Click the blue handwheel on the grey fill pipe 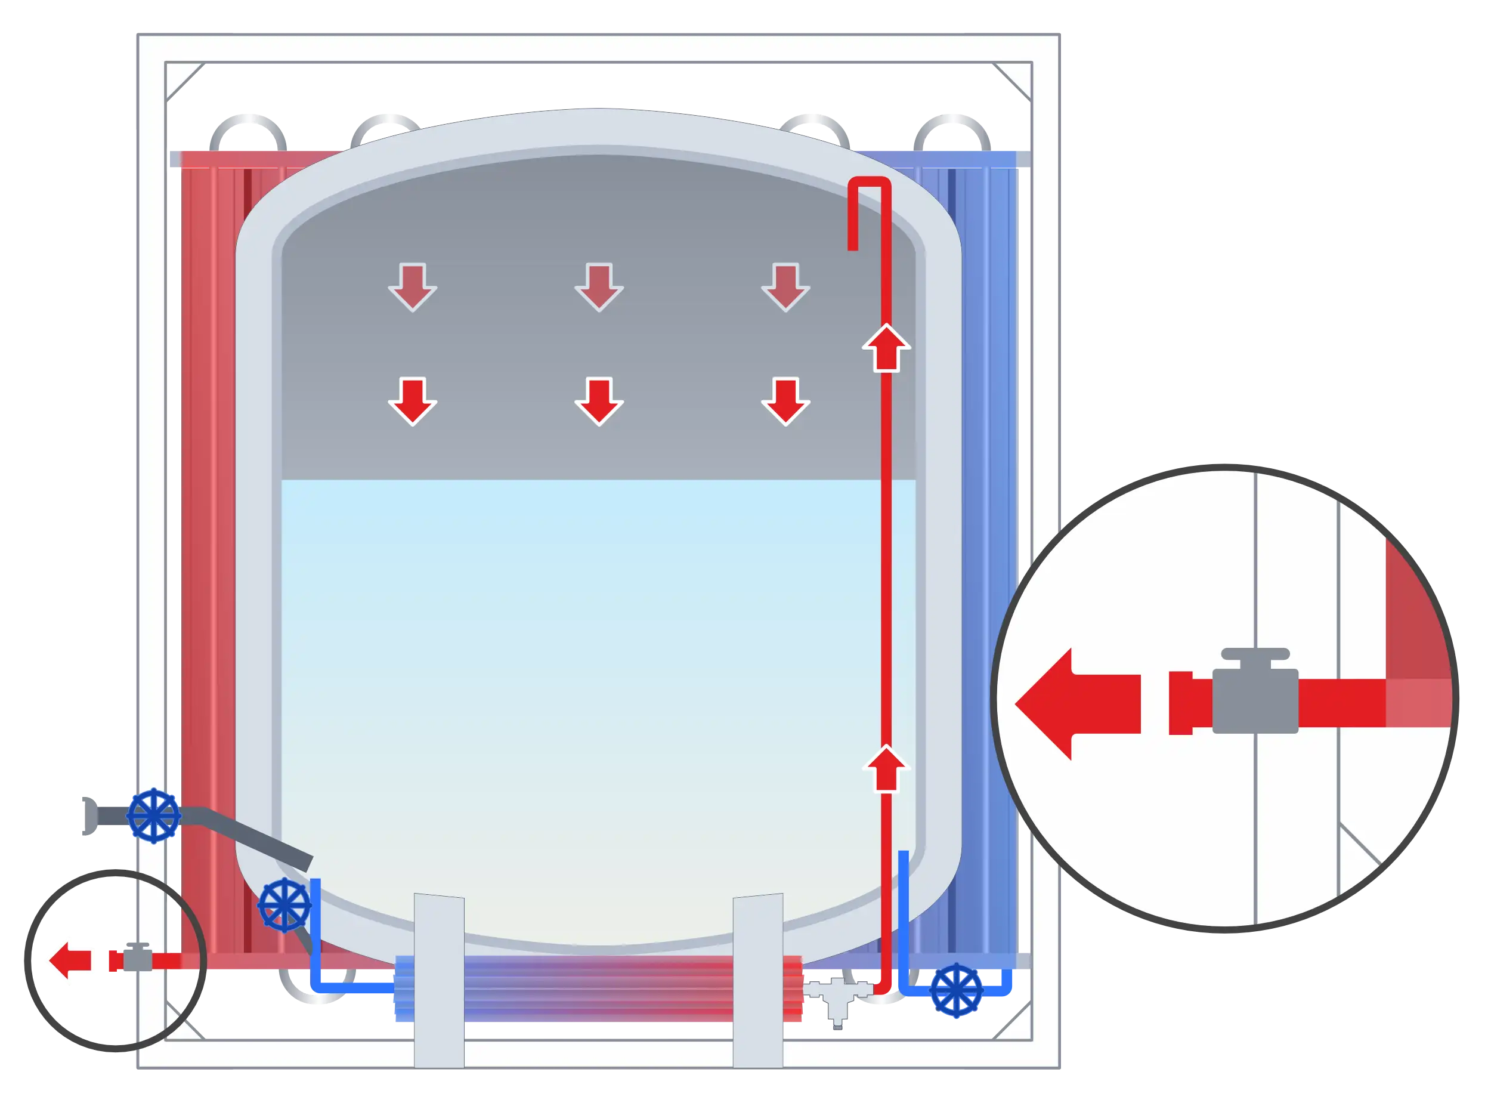153,816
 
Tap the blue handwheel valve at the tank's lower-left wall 284,905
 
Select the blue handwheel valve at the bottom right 956,991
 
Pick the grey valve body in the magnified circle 1254,700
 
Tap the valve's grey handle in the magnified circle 1255,654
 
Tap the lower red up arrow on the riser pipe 886,768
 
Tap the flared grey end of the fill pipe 89,816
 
